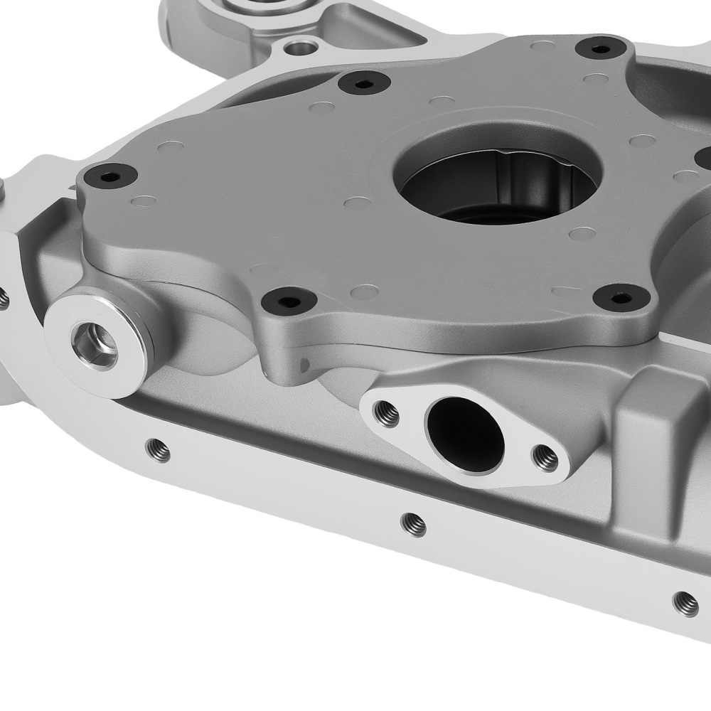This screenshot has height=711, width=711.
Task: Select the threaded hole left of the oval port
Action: [x=387, y=413]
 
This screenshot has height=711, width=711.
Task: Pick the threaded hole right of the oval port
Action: [x=545, y=458]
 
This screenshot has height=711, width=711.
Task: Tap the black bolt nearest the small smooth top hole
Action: [x=364, y=82]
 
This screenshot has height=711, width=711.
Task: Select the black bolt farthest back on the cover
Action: [x=601, y=48]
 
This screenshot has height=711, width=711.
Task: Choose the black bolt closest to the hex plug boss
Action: [x=289, y=300]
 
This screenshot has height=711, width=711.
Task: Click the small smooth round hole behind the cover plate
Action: [x=302, y=48]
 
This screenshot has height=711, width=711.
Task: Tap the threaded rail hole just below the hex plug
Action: [x=157, y=449]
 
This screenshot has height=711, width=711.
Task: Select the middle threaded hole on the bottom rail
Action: [x=413, y=525]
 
